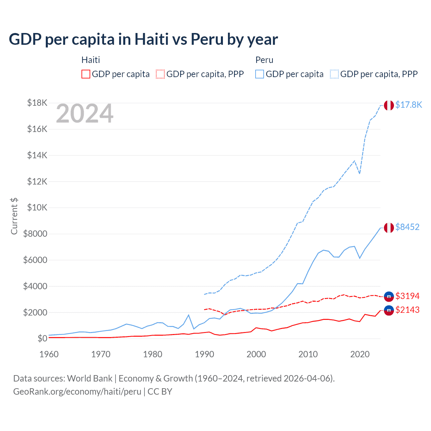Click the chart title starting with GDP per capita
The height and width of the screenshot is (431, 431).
143,39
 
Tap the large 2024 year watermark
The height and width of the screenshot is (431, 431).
85,113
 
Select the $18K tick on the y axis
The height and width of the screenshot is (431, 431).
37,103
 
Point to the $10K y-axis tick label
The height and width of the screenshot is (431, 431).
37,207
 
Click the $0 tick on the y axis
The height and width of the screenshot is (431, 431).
42,338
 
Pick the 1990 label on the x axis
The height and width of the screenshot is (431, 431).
204,354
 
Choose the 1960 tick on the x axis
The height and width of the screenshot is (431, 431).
49,354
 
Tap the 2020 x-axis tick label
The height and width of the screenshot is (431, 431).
360,354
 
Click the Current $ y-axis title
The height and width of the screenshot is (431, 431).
14,216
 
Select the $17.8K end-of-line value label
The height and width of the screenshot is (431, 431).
408,105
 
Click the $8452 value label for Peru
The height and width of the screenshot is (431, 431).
407,227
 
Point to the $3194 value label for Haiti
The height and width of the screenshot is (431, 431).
407,296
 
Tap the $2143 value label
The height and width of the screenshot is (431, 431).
407,310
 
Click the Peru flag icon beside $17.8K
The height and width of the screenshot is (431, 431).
389,105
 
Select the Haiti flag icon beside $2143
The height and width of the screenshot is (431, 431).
389,310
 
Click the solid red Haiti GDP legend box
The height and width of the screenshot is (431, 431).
86,74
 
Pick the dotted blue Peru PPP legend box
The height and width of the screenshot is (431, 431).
334,74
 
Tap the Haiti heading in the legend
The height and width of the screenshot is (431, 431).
91,60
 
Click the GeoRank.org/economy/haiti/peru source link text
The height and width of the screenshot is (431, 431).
77,392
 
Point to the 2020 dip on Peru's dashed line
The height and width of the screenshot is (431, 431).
360,173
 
